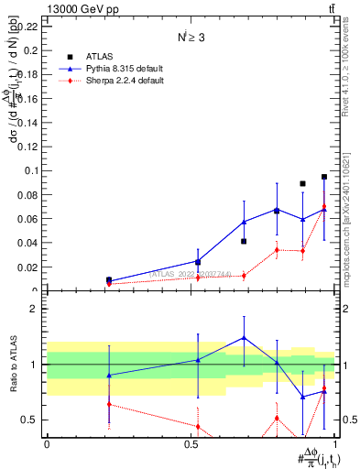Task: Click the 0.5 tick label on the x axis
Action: tap(191, 444)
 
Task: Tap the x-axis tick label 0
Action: tap(48, 444)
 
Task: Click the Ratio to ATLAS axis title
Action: tap(12, 365)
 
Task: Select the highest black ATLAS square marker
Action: tap(324, 177)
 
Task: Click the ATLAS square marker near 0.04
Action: tap(244, 242)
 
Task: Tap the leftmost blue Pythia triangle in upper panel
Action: tap(109, 281)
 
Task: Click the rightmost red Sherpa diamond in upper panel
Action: tap(324, 206)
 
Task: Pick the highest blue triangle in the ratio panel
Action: tap(244, 337)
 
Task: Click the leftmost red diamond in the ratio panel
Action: tap(109, 404)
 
